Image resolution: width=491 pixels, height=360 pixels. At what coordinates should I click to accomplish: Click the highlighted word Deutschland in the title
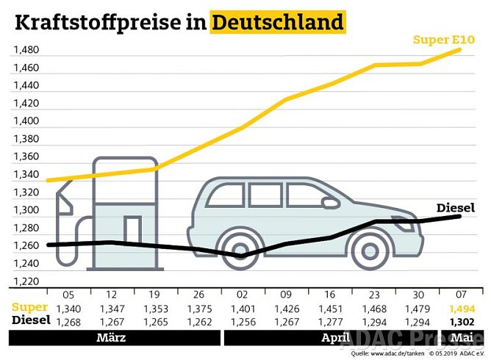click(278, 22)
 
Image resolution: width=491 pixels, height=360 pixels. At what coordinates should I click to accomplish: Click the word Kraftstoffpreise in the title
click(103, 22)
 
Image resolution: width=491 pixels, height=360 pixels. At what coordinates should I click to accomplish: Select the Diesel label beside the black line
click(456, 208)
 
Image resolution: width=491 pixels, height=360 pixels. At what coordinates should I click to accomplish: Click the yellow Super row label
click(29, 307)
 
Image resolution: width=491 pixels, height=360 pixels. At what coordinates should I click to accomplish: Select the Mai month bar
click(462, 338)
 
